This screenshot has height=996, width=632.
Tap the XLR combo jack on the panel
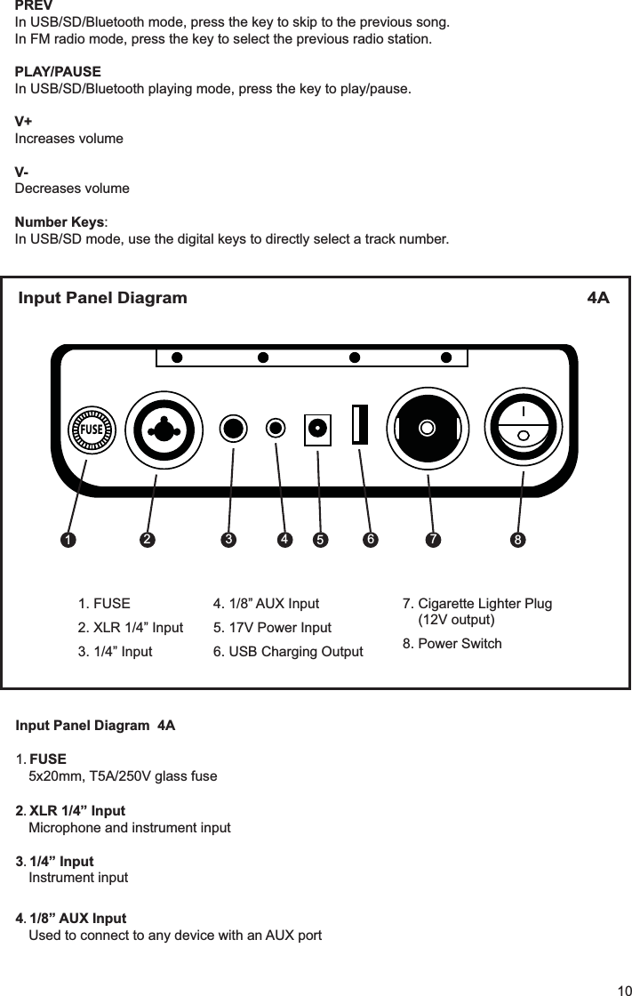click(x=164, y=430)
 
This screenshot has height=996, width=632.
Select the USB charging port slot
click(x=360, y=424)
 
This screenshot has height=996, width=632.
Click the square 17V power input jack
click(x=317, y=428)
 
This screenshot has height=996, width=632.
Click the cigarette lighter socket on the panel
click(x=428, y=428)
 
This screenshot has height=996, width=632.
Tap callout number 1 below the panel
click(x=66, y=540)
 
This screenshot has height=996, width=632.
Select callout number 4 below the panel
click(x=284, y=539)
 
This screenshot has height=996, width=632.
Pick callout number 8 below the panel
click(x=516, y=540)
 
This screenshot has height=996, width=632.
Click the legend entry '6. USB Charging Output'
click(x=288, y=653)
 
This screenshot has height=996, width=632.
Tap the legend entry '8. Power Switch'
click(x=452, y=643)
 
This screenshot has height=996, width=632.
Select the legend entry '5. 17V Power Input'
click(x=272, y=628)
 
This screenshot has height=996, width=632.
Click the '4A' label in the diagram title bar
click(x=598, y=297)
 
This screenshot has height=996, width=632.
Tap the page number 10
click(x=620, y=990)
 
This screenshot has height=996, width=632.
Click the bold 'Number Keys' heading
click(x=60, y=221)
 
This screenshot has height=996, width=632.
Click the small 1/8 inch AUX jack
click(x=277, y=428)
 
